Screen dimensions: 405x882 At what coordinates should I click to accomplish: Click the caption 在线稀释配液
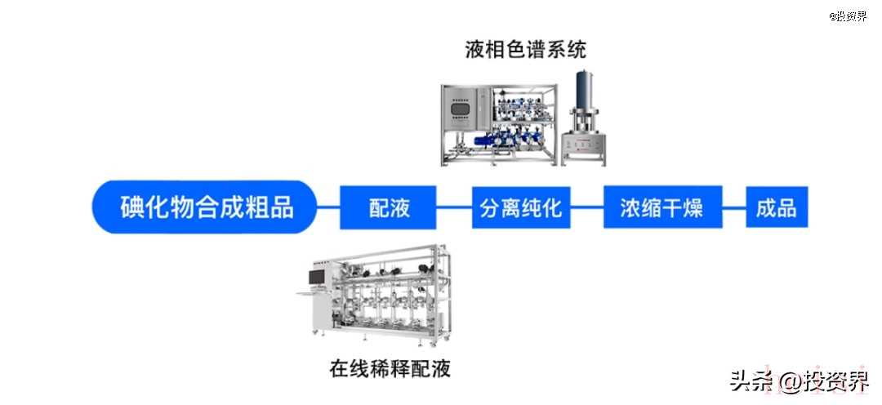[390, 368]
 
